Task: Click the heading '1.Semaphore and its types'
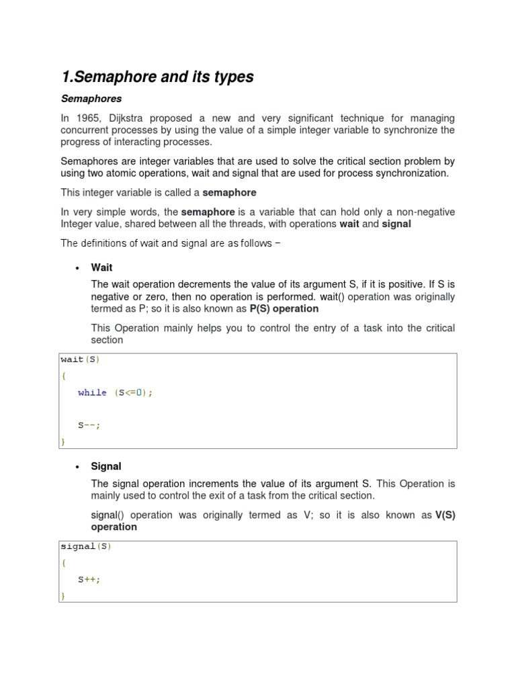click(x=157, y=77)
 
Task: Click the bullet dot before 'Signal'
click(x=77, y=466)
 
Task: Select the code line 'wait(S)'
click(x=80, y=359)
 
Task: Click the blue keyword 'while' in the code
click(x=92, y=392)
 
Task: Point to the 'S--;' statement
click(x=89, y=425)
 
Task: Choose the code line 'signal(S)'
click(x=85, y=546)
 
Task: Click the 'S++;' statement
click(x=89, y=579)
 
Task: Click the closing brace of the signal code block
click(x=63, y=595)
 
